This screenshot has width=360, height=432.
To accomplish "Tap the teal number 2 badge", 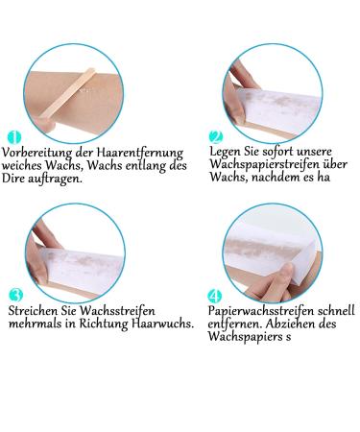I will click(x=216, y=136).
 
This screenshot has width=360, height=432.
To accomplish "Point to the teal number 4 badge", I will click(x=216, y=294).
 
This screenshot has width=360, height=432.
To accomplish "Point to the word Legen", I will click(x=227, y=151).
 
